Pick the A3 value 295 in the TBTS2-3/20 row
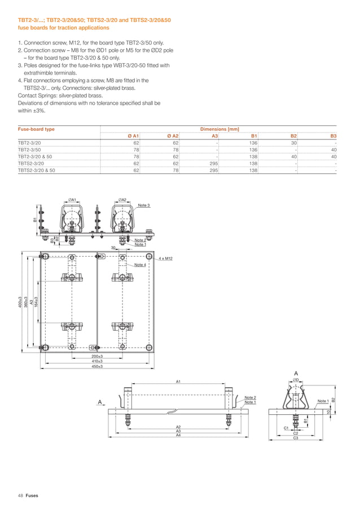[214, 163]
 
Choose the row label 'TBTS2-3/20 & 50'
[37, 170]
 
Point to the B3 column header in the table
[333, 136]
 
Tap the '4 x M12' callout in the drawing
[165, 258]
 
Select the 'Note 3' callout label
[144, 205]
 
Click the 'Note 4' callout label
[140, 265]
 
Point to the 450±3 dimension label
[97, 366]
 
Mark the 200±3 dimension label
[97, 357]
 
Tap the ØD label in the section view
[295, 380]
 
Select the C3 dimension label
[295, 438]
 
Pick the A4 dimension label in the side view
[178, 435]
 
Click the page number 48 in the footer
[20, 495]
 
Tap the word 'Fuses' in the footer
[32, 495]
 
